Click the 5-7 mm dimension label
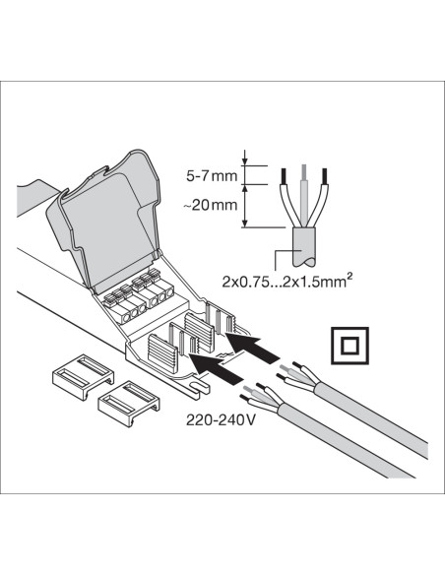coord(212,176)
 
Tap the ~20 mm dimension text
coord(211,205)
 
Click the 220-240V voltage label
coord(221,419)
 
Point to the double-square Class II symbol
coord(350,346)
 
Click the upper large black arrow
coord(252,347)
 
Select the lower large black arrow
coord(217,369)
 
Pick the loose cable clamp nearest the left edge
coord(83,376)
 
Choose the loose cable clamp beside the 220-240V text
coord(129,404)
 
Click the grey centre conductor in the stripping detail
coord(303,194)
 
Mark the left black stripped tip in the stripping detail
coord(283,176)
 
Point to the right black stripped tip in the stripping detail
coord(324,176)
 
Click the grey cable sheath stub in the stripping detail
coord(303,246)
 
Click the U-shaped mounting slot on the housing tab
coord(198,389)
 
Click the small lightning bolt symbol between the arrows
coord(222,356)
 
